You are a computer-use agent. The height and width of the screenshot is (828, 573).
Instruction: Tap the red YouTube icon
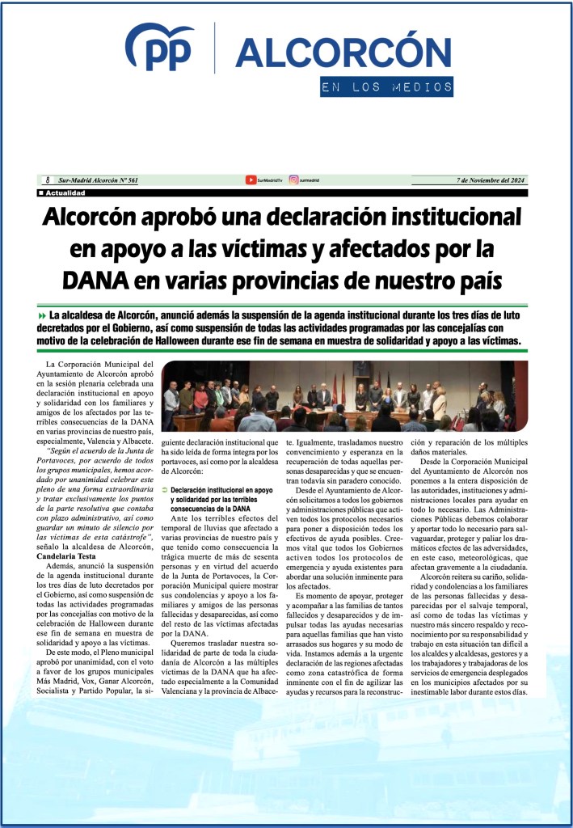point(251,180)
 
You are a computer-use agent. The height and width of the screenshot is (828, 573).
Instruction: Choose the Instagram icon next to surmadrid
point(293,180)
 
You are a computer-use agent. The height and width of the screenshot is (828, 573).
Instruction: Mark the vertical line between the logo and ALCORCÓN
point(214,49)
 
